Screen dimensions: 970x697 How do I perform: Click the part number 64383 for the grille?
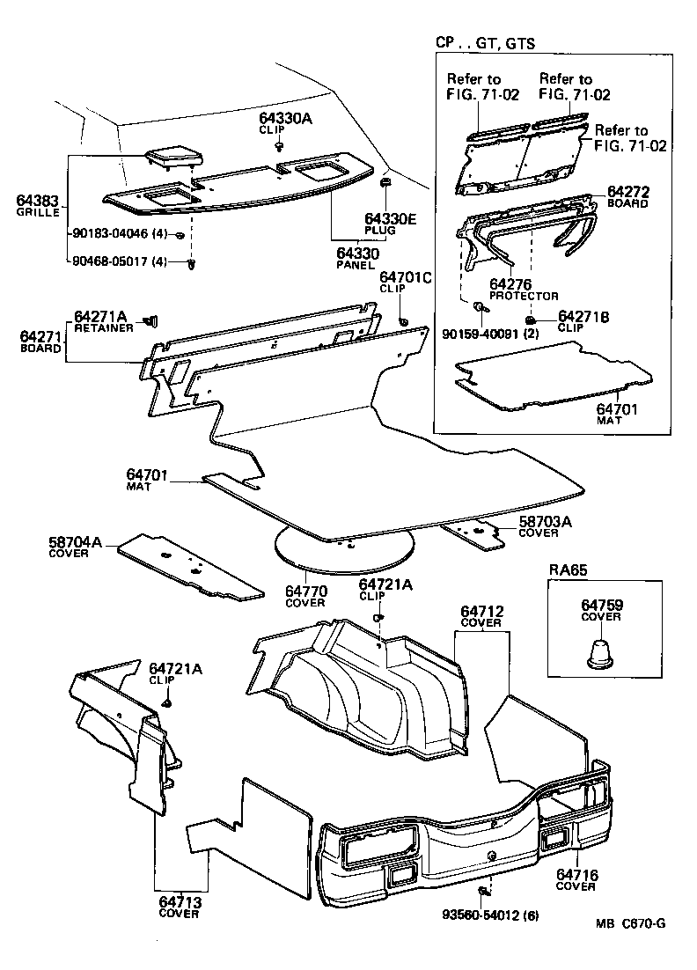coord(37,201)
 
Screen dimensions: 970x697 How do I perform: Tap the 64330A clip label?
coord(285,117)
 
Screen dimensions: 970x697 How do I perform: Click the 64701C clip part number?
coord(405,277)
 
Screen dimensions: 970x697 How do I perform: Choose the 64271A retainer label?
coord(101,316)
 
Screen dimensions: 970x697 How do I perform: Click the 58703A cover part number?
coord(545,522)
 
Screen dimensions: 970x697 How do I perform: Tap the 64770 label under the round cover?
coord(304,592)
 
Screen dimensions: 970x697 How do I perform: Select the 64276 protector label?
coord(510,283)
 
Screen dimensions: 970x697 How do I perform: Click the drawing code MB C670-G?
coord(629,922)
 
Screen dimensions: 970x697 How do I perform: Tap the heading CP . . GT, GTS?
coord(485,42)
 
